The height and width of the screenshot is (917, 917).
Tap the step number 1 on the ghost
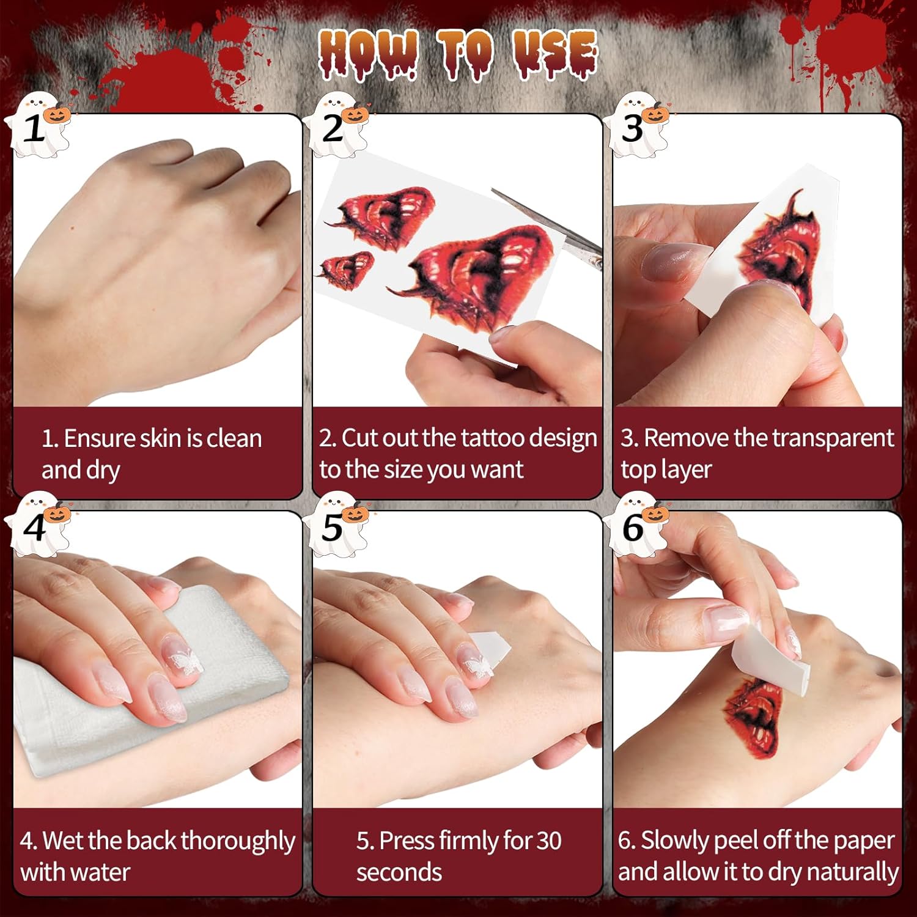34,129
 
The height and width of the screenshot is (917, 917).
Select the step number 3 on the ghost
633,129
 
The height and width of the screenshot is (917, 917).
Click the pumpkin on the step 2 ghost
355,114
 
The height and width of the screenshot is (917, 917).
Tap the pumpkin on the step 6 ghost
655,513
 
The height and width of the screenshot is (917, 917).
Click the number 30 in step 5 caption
549,841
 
